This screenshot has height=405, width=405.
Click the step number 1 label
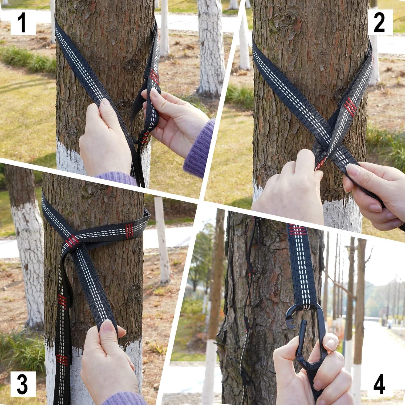click(x=23, y=22)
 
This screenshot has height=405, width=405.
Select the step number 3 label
click(x=23, y=384)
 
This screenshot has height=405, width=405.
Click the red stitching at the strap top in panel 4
click(x=297, y=230)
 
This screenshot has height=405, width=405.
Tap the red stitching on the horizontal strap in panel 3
click(x=129, y=231)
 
